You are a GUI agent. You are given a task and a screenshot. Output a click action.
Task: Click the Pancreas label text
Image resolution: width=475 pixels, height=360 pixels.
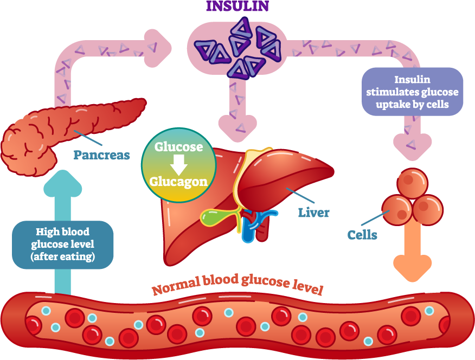click(x=101, y=156)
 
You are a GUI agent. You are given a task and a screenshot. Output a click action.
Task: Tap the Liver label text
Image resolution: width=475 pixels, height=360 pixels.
click(x=313, y=212)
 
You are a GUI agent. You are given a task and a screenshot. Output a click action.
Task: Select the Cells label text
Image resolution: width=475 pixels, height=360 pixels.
click(x=362, y=235)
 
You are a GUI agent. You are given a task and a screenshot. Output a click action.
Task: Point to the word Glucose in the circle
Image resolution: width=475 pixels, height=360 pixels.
click(x=179, y=147)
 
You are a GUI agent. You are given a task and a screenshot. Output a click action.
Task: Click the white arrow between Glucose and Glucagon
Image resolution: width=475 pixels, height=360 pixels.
click(x=179, y=164)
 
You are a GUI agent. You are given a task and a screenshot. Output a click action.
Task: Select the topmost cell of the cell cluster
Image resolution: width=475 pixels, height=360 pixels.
click(x=412, y=183)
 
